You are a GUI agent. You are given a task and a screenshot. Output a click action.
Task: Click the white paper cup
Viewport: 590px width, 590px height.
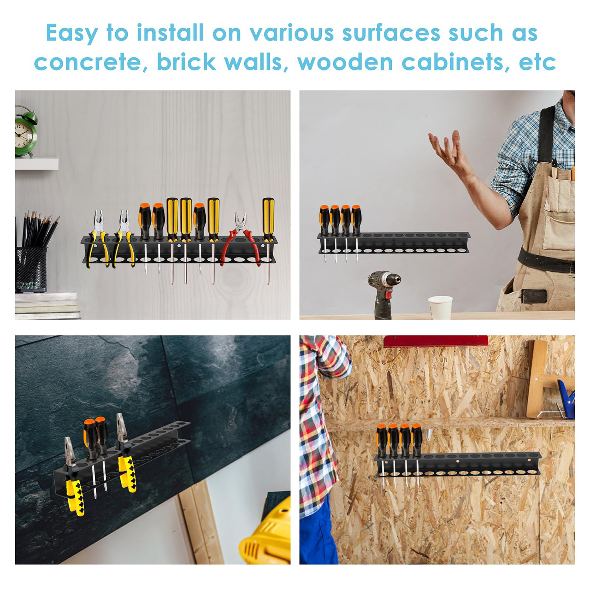coord(440,307)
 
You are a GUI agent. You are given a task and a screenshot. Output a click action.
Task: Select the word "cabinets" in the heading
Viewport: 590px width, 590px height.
coord(455,62)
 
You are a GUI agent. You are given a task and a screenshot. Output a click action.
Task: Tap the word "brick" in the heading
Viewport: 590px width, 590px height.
coord(186,62)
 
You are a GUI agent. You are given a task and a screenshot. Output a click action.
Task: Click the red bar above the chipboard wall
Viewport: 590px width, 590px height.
coord(435,341)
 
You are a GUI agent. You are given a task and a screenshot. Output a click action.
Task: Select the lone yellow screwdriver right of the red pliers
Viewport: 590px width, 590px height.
coord(268,240)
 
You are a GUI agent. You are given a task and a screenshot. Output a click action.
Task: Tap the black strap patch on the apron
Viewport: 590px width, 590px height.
coord(534,296)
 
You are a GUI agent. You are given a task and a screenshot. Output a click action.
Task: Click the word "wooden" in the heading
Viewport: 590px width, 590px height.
coord(345,62)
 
